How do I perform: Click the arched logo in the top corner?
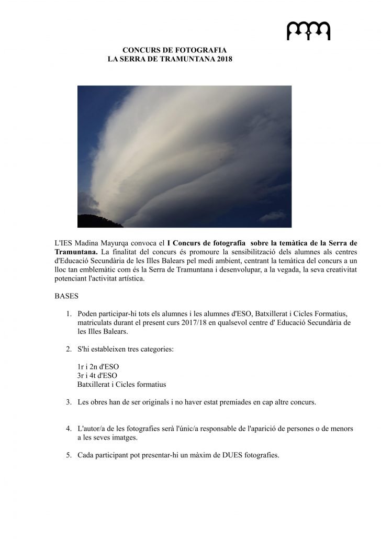(308, 31)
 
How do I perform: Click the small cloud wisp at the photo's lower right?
(273, 215)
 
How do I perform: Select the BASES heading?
(66, 296)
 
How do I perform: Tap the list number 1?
(69, 313)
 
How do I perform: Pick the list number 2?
(69, 349)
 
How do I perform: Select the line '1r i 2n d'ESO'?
(98, 366)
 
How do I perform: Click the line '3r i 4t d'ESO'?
(97, 375)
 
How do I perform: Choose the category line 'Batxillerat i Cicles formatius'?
(121, 384)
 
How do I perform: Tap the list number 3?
(69, 402)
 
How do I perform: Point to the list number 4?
(69, 429)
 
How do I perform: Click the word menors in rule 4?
(341, 429)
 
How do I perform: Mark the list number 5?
(69, 455)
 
